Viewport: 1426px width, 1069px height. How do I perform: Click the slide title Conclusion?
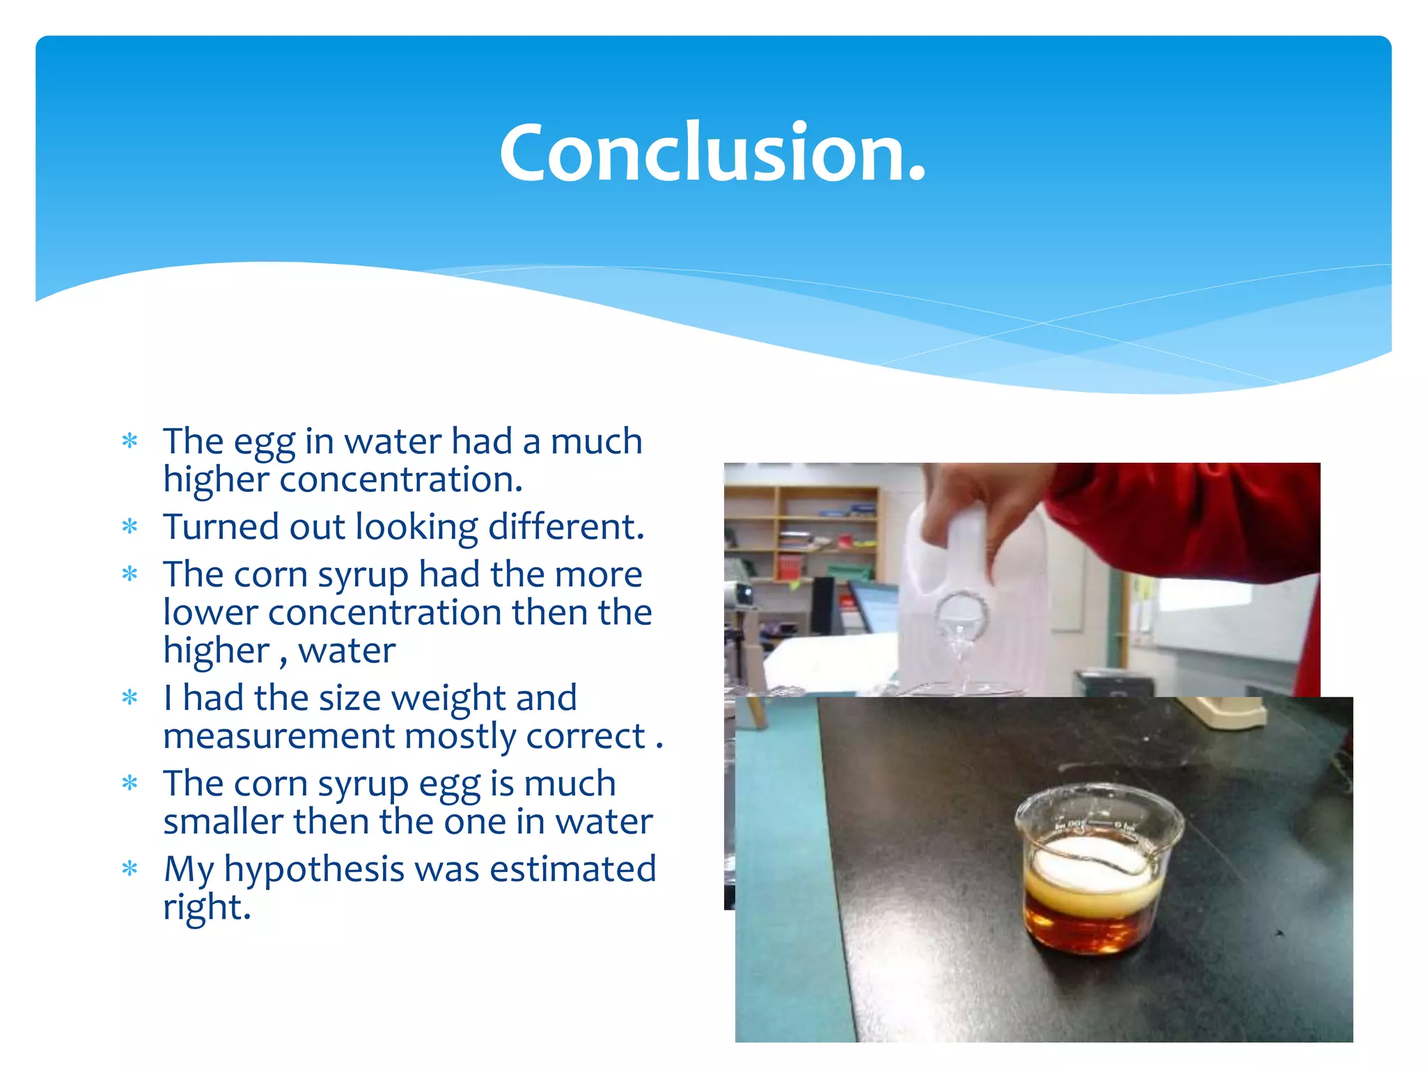pyautogui.click(x=712, y=152)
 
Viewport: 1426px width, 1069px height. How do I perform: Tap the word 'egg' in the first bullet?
pyautogui.click(x=264, y=443)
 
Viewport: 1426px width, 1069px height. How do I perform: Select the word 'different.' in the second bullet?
pyautogui.click(x=565, y=527)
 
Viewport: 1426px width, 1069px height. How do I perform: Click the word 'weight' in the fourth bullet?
pyautogui.click(x=448, y=698)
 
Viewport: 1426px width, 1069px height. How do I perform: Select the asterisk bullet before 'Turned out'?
pyautogui.click(x=130, y=527)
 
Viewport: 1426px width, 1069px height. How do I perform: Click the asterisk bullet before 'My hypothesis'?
pyautogui.click(x=130, y=869)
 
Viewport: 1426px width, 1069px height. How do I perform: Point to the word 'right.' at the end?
pyautogui.click(x=207, y=907)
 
